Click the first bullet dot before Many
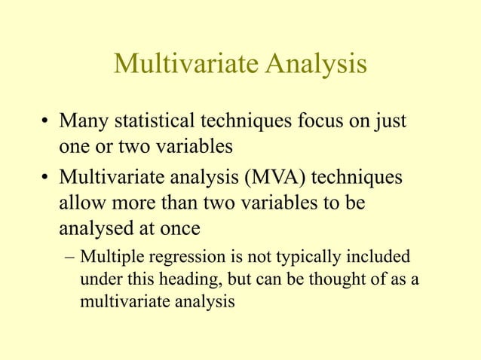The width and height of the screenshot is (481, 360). click(x=46, y=122)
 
